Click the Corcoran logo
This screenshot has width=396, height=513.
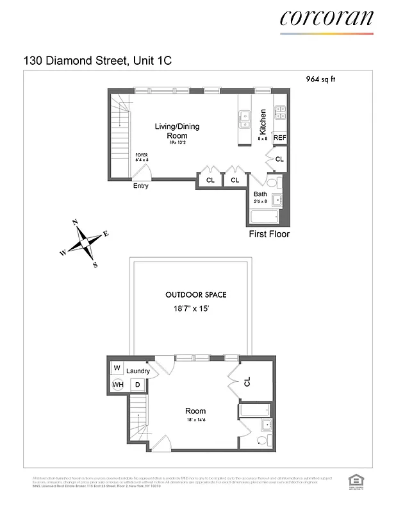326,18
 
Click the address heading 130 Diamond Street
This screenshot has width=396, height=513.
97,60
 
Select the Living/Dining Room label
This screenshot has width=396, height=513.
177,131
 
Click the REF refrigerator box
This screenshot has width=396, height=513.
279,138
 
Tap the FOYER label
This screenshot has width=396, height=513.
141,156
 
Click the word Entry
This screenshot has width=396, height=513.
141,186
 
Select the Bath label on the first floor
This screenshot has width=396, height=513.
260,194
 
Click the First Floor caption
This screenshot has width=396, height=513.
269,234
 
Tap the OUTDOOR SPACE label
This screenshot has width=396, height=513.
196,295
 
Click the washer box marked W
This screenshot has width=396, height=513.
118,368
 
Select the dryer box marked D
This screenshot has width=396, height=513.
136,385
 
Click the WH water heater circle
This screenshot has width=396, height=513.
118,385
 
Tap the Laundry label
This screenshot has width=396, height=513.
138,371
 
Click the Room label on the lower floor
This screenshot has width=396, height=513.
195,411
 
